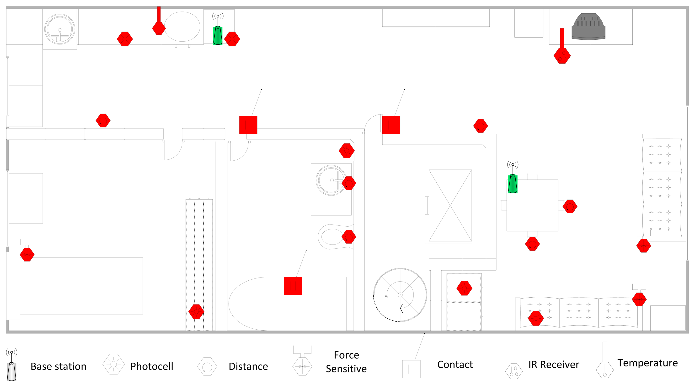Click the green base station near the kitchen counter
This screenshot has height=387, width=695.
218,35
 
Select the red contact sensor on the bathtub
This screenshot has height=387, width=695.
293,286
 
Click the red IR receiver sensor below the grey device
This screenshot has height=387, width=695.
562,55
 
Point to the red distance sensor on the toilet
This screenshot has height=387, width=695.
349,237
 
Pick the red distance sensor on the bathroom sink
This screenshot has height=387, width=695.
349,183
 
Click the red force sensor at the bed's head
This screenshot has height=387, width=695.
27,254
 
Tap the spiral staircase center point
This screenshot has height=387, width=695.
400,295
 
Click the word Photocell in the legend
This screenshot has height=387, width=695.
152,366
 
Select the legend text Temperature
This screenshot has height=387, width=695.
647,363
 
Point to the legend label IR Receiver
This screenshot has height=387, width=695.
554,365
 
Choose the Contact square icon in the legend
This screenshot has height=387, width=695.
411,369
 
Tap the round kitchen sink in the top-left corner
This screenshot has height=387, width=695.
60,29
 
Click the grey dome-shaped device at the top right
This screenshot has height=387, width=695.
588,27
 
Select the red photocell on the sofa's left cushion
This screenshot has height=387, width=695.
535,318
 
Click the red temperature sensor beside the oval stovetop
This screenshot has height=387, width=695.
159,28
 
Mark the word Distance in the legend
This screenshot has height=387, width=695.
248,366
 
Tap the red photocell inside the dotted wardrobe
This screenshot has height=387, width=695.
196,312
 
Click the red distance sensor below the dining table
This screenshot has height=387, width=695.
532,244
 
